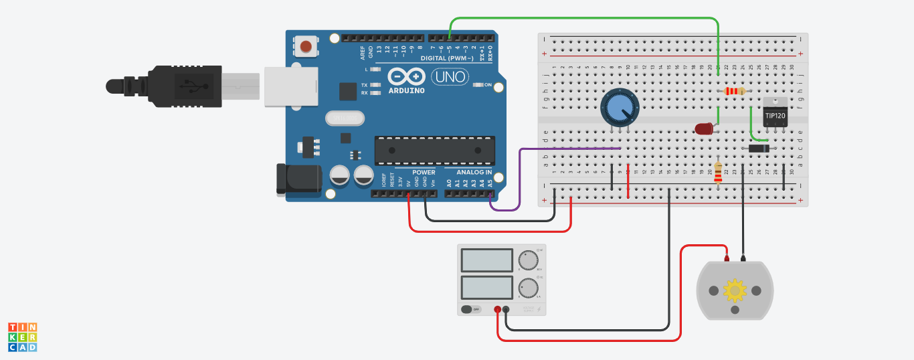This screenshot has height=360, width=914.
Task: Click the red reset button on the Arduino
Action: pyautogui.click(x=306, y=46)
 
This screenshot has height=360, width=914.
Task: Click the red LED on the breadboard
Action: pyautogui.click(x=704, y=129)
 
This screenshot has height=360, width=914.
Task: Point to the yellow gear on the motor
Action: pyautogui.click(x=735, y=290)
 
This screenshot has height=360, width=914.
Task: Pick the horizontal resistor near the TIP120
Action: pyautogui.click(x=734, y=91)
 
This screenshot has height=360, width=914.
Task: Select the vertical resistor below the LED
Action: pyautogui.click(x=719, y=173)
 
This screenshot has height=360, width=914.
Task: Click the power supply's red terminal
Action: pyautogui.click(x=497, y=309)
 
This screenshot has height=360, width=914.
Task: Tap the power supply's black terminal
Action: pyautogui.click(x=506, y=309)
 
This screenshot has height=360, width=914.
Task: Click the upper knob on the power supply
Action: pyautogui.click(x=529, y=260)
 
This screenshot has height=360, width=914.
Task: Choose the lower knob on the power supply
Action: pyautogui.click(x=529, y=288)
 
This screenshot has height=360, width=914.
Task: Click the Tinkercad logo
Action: pyautogui.click(x=22, y=337)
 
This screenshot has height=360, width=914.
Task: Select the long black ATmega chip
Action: pyautogui.click(x=434, y=150)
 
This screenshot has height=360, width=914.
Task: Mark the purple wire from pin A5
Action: pyautogui.click(x=519, y=181)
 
